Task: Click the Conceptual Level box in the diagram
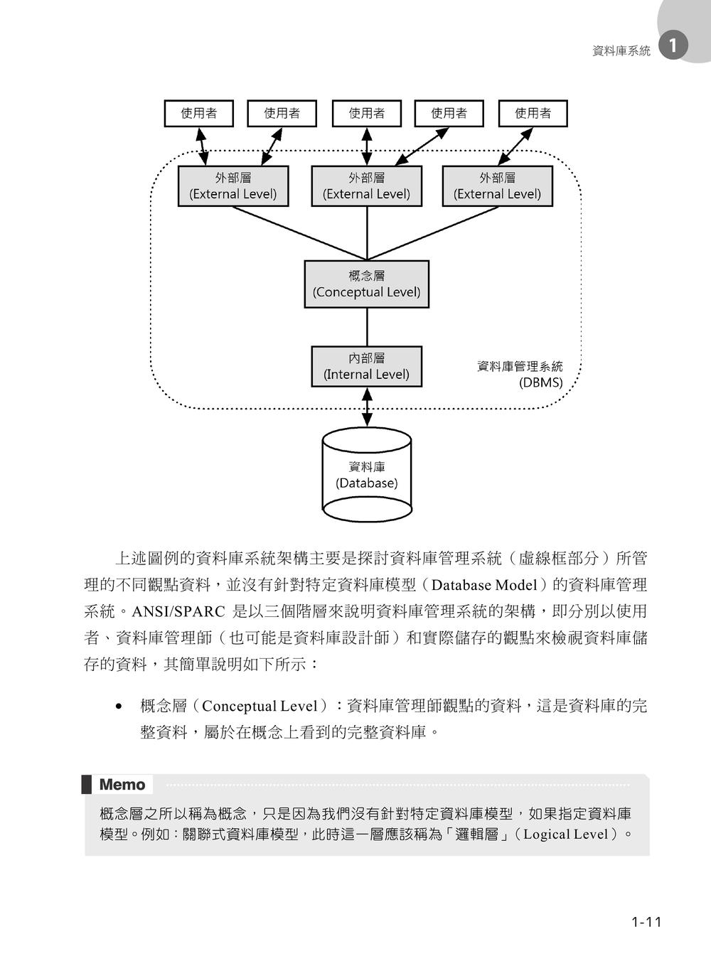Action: (x=367, y=284)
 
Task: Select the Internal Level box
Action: (x=367, y=366)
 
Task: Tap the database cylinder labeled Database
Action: (x=367, y=475)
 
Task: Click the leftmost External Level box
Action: (x=233, y=186)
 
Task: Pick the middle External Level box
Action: (x=367, y=186)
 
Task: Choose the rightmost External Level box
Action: (x=498, y=186)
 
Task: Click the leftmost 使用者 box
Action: (x=199, y=114)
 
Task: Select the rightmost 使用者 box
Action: (x=533, y=114)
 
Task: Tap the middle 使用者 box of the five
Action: (x=367, y=114)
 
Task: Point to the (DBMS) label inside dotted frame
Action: (x=541, y=382)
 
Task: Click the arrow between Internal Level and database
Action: (x=367, y=407)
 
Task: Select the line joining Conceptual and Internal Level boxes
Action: (x=367, y=327)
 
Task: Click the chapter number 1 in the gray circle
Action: (x=673, y=45)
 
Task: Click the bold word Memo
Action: (x=122, y=785)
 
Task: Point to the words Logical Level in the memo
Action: (x=566, y=834)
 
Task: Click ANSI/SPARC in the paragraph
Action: (x=178, y=611)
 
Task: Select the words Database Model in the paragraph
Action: (x=484, y=585)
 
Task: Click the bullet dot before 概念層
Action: (x=119, y=707)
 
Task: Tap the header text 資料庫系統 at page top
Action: (x=621, y=51)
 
